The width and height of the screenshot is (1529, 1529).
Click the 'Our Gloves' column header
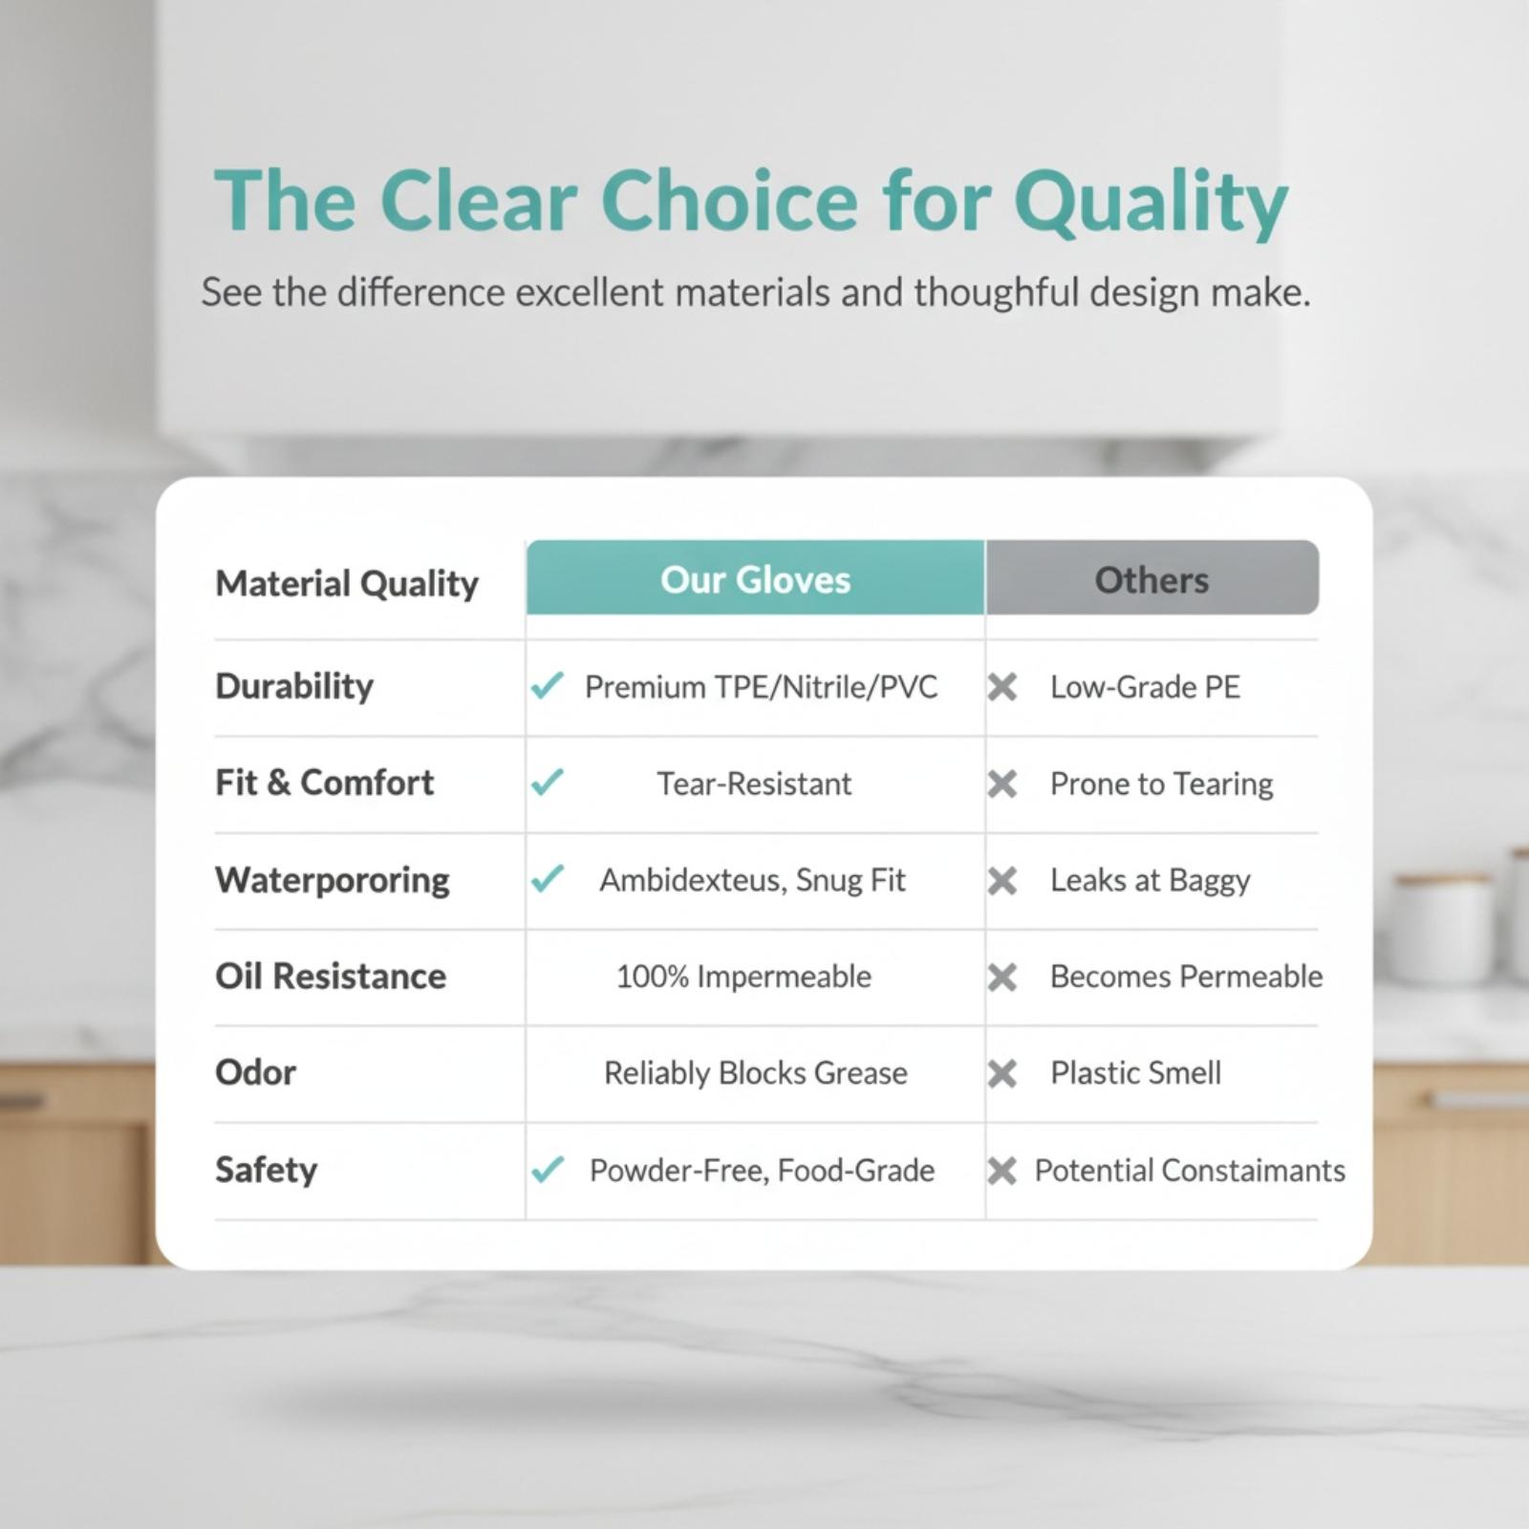coord(755,579)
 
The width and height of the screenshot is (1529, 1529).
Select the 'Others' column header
coord(1152,579)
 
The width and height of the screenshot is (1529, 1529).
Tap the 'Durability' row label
coord(294,687)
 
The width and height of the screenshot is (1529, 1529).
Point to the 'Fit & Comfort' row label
coord(324,783)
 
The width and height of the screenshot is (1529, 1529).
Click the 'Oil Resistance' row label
coord(331,977)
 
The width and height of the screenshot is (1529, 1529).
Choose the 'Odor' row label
coord(255,1073)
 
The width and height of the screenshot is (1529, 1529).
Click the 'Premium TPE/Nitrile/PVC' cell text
coord(761,687)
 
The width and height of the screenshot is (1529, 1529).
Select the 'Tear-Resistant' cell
coord(754,784)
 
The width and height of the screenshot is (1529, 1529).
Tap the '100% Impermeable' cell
coord(743,977)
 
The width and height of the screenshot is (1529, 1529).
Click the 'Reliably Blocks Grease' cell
coord(755,1073)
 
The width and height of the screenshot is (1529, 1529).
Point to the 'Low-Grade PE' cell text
coord(1145,687)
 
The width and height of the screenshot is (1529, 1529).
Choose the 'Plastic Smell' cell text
coord(1135,1073)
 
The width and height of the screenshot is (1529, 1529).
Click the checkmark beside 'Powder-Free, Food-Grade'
coord(547,1169)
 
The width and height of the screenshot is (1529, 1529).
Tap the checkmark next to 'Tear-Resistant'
coord(547,783)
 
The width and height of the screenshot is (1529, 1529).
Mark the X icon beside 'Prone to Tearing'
coord(1001,785)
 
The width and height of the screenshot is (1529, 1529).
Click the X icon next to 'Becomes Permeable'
coord(1001,978)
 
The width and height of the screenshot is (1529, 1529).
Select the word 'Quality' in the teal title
coord(1151,204)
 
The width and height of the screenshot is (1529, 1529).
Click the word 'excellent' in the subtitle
coord(589,292)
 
